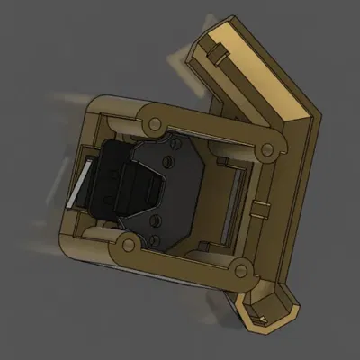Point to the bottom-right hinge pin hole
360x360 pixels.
[238, 267]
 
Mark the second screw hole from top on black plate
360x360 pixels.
[166, 163]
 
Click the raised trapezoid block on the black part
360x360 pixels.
[139, 184]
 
